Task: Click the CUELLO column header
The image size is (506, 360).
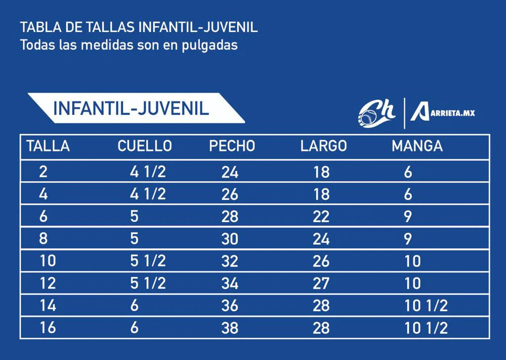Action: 145,146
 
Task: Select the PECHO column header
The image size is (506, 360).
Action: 232,146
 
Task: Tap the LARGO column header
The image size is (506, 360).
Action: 324,146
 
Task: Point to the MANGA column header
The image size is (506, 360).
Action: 417,146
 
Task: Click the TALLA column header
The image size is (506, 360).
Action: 48,146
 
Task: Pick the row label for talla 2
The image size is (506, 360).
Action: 43,172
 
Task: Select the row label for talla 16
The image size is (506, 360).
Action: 47,328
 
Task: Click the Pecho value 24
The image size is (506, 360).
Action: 230,172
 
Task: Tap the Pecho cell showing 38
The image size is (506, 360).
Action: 230,328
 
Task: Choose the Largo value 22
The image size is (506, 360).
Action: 321,217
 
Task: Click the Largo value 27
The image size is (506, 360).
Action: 321,283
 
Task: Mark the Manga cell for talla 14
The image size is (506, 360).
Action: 426,306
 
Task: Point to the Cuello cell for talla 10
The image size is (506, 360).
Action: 148,261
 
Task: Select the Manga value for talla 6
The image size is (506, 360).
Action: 408,217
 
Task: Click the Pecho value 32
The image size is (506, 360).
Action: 230,261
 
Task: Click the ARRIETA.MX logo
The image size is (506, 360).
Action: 442,112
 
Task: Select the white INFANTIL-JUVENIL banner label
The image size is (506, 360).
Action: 131,108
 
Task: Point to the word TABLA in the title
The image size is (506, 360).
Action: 36,27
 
